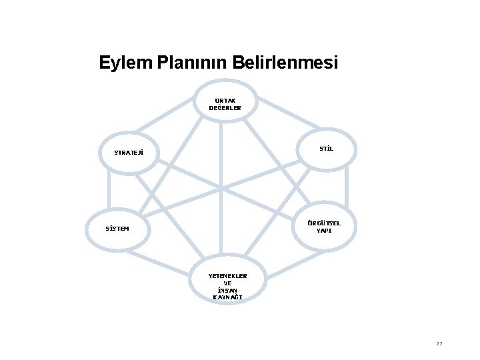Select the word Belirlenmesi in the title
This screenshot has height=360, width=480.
pos(285,63)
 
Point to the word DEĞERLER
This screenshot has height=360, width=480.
pos(225,107)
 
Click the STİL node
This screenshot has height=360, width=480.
pos(326,149)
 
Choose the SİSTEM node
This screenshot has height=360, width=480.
pos(117,229)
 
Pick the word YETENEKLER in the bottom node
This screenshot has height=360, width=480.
pos(227,275)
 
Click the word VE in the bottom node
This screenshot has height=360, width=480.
pos(227,283)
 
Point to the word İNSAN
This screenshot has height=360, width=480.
pos(227,290)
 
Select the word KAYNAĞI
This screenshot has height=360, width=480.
pos(227,297)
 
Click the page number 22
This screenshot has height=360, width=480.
pos(439,343)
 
